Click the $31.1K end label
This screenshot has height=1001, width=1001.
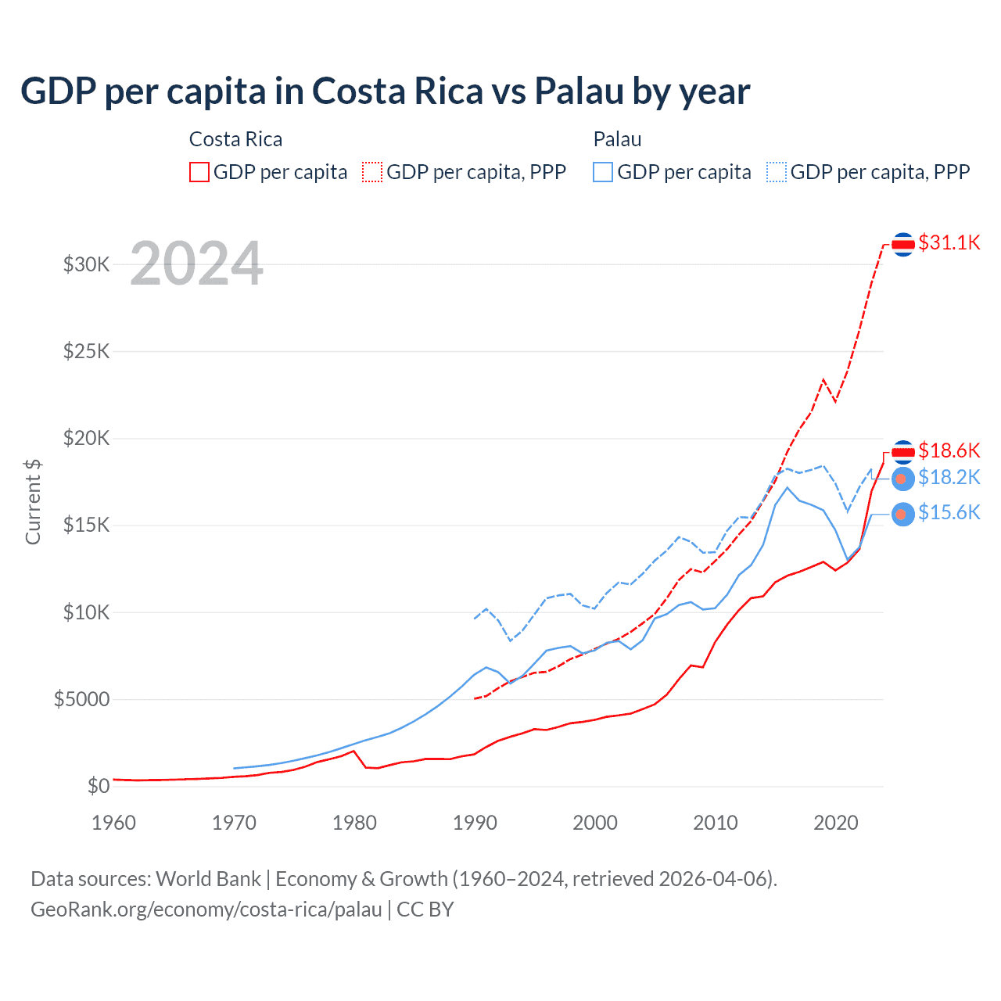949,242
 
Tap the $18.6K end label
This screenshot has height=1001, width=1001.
949,450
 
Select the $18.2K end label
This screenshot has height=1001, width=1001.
949,477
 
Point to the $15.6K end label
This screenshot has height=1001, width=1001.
949,512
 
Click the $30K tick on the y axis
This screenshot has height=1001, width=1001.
87,264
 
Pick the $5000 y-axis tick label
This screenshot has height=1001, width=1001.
82,699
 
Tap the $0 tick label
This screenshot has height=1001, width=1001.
99,786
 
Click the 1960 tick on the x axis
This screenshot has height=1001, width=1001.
114,823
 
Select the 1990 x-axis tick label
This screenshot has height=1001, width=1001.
475,823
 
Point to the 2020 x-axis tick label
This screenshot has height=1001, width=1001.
836,823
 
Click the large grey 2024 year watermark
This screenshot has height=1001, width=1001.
196,264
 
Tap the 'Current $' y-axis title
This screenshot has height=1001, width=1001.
33,502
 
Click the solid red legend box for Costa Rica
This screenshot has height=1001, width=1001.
199,172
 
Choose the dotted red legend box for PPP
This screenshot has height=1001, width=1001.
373,172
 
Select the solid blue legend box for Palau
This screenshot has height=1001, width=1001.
603,172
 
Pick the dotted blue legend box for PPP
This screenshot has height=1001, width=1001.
777,172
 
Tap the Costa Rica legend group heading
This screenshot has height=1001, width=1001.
235,139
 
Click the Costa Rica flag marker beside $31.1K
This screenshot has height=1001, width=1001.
903,245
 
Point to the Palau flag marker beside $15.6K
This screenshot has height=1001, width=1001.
903,514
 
